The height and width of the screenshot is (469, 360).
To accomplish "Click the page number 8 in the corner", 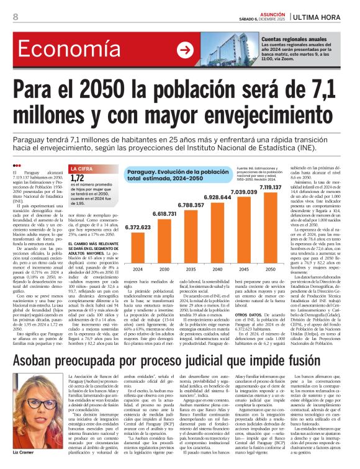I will (x=15, y=16).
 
